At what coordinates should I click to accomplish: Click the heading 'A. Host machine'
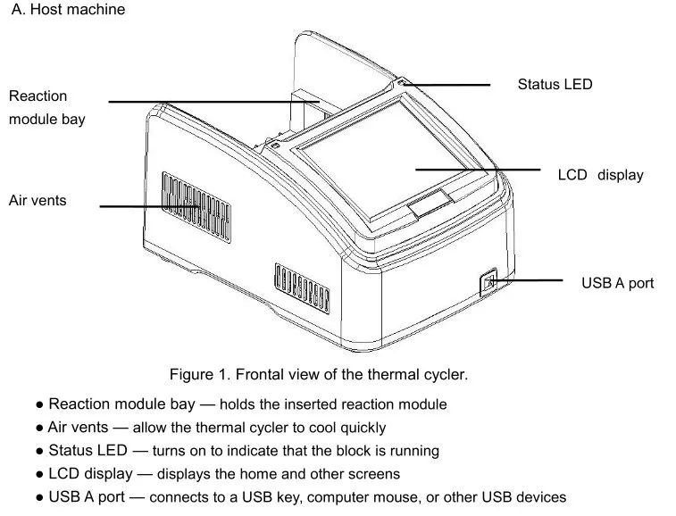(67, 11)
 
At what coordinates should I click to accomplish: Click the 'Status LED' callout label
(555, 85)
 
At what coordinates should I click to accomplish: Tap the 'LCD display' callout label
(600, 175)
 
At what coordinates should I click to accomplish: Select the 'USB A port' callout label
(617, 283)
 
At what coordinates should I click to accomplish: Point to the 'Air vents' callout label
(38, 200)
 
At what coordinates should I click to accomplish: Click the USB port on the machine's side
(488, 283)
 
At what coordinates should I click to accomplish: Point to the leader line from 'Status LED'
(451, 85)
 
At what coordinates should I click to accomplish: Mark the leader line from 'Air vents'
(147, 206)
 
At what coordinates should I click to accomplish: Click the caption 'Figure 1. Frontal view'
(319, 374)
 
